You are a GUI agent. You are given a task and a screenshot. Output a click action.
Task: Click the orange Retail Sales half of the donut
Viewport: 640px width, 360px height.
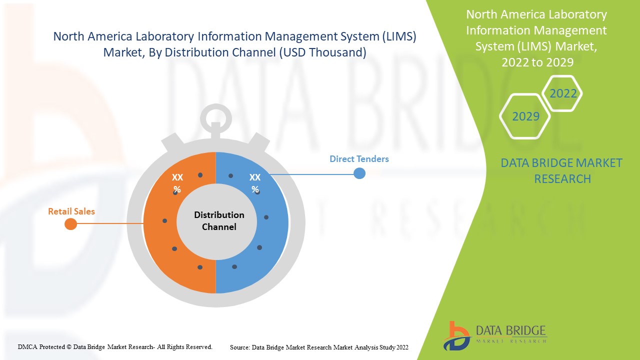160,235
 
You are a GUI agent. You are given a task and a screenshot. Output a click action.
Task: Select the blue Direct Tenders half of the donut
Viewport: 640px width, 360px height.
272,235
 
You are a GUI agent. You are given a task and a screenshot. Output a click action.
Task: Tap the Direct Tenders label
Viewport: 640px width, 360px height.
359,159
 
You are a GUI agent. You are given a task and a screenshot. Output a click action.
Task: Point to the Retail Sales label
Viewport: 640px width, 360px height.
71,211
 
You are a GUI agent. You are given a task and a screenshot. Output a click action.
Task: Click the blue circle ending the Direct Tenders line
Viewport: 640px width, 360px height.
359,173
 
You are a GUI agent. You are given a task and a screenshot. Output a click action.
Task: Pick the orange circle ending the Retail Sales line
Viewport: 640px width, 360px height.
71,224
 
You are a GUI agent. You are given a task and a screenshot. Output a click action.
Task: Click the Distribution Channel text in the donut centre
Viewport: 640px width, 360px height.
219,220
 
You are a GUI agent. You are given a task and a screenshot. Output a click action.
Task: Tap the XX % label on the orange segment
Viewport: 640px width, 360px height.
177,183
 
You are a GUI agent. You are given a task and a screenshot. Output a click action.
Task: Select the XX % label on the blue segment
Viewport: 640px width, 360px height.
255,183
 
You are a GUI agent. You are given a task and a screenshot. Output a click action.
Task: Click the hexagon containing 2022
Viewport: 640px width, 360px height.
563,93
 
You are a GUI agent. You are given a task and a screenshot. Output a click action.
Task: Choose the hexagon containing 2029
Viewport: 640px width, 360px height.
525,116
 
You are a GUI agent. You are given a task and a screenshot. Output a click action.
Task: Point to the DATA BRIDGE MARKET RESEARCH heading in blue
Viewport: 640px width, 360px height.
561,170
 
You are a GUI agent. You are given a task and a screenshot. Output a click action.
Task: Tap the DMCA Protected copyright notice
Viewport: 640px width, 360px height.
115,346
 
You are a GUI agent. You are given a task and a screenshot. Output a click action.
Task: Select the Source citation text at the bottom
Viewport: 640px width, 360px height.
319,347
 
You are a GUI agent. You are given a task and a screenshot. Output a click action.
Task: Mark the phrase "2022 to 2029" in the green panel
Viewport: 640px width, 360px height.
537,62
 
